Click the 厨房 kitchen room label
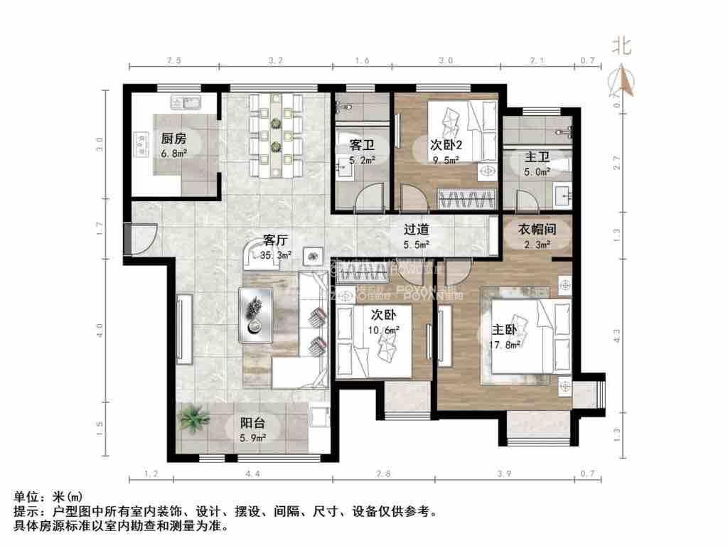click(x=173, y=138)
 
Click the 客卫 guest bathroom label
click(x=362, y=144)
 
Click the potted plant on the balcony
click(x=192, y=419)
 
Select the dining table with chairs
click(x=277, y=135)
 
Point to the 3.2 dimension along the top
click(x=277, y=61)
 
